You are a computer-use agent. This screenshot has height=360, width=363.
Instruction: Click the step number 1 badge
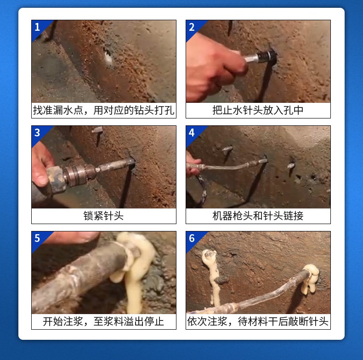[x=37, y=27]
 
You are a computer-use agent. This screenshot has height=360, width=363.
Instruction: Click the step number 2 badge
[x=192, y=27]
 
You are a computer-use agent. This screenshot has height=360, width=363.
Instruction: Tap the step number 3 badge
[x=37, y=132]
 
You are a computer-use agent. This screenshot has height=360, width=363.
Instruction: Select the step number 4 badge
[x=192, y=132]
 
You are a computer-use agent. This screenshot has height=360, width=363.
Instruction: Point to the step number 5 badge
[x=37, y=238]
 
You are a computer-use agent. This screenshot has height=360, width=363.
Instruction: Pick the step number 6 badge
[x=192, y=238]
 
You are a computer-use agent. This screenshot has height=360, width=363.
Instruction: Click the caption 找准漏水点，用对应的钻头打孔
[x=103, y=111]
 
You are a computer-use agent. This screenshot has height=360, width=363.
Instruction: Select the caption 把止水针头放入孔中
[x=258, y=111]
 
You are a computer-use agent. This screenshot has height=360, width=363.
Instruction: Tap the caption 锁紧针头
[x=103, y=216]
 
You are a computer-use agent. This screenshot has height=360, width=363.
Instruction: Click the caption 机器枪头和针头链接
[x=258, y=216]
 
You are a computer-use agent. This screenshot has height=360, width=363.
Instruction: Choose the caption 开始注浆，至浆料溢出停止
[x=103, y=321]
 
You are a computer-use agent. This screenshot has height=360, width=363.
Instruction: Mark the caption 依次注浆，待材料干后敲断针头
[x=258, y=321]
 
